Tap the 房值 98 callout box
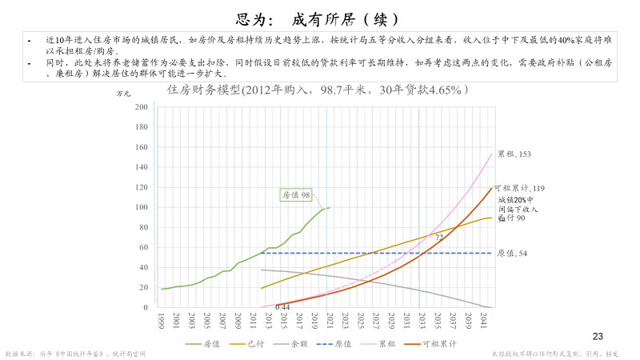[x=296, y=195]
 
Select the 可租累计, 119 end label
[x=519, y=189]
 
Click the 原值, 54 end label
[x=512, y=254]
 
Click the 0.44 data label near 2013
[x=282, y=306]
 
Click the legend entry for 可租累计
[x=439, y=344]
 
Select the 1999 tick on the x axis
[x=162, y=320]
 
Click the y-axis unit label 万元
[x=123, y=94]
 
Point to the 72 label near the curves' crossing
[x=438, y=238]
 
